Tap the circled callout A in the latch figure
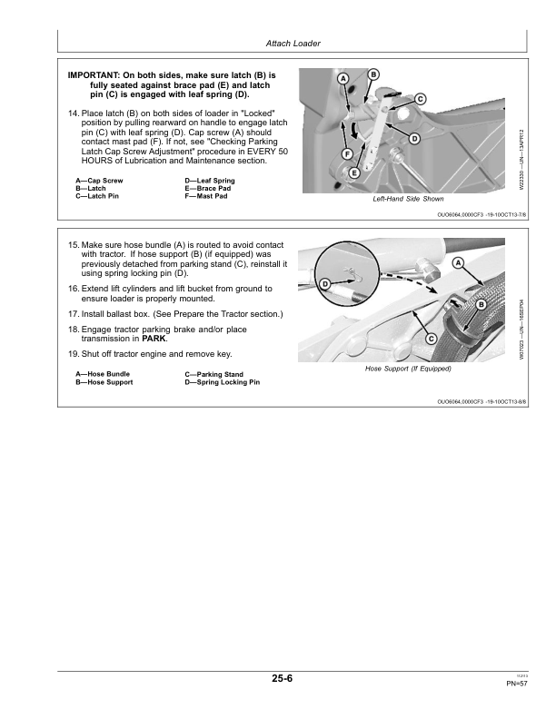[x=343, y=80]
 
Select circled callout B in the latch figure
[x=373, y=74]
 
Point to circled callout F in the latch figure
[x=348, y=154]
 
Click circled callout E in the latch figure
[x=354, y=172]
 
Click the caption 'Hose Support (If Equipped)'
[x=408, y=369]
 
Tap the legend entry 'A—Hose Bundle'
[x=103, y=374]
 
